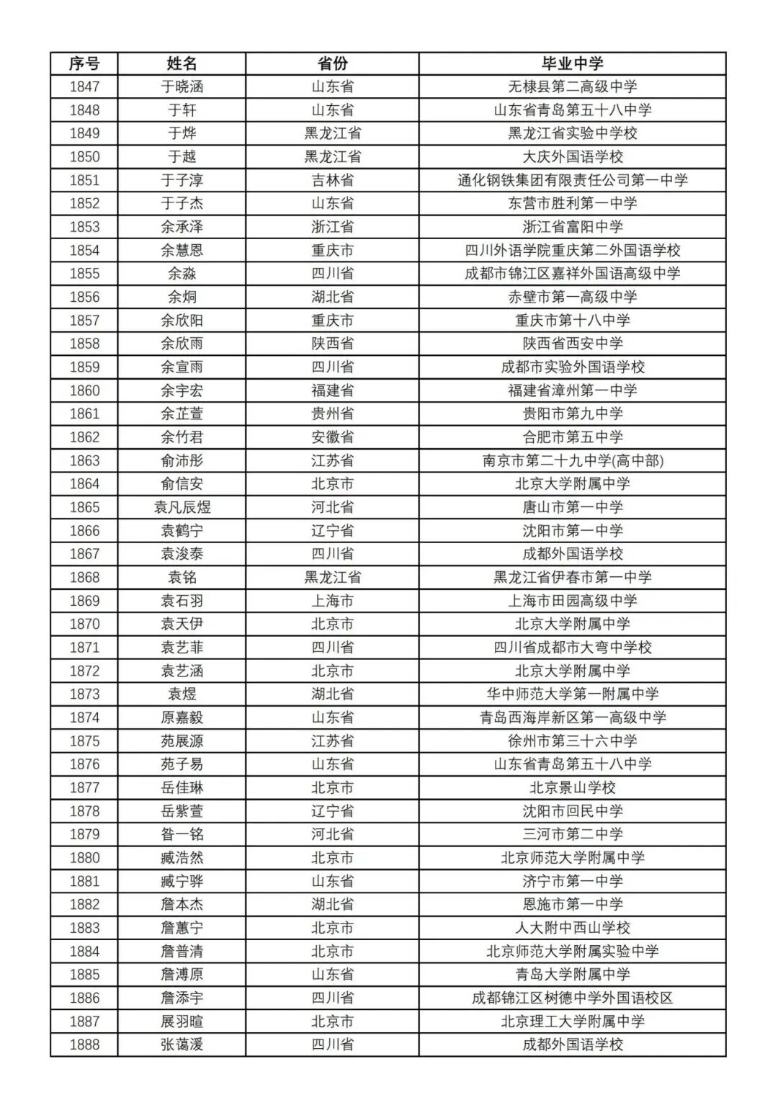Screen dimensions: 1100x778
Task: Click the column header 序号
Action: pyautogui.click(x=84, y=63)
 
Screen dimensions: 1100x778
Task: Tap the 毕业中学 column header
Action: pyautogui.click(x=573, y=63)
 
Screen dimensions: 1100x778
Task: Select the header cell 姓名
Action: pyautogui.click(x=182, y=63)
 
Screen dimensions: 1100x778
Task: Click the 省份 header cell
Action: pyautogui.click(x=332, y=63)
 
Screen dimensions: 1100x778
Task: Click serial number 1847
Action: pyautogui.click(x=84, y=86)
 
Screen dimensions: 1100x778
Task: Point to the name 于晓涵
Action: pyautogui.click(x=182, y=86)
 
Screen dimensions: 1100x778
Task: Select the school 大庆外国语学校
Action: pyautogui.click(x=573, y=156)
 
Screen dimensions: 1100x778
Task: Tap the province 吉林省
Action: pyautogui.click(x=332, y=180)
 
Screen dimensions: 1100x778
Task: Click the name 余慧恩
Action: pyautogui.click(x=182, y=250)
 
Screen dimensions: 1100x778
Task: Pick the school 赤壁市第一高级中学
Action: pyautogui.click(x=573, y=297)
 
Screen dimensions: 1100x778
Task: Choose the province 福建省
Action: pyautogui.click(x=332, y=390)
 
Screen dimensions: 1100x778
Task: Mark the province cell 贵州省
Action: pyautogui.click(x=332, y=413)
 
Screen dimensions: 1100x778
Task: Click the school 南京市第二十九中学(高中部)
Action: pyautogui.click(x=573, y=460)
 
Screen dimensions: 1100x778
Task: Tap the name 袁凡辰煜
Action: pyautogui.click(x=182, y=507)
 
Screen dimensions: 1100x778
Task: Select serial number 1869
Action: pyautogui.click(x=84, y=601)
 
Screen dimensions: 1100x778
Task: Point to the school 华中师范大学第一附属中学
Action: pyautogui.click(x=573, y=694)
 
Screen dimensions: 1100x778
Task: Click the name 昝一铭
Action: pyautogui.click(x=182, y=834)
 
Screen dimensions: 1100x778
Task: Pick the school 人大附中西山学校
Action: pyautogui.click(x=573, y=928)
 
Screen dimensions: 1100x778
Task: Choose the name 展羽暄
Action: pyautogui.click(x=182, y=1021)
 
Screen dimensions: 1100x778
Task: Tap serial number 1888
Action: pyautogui.click(x=84, y=1045)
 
